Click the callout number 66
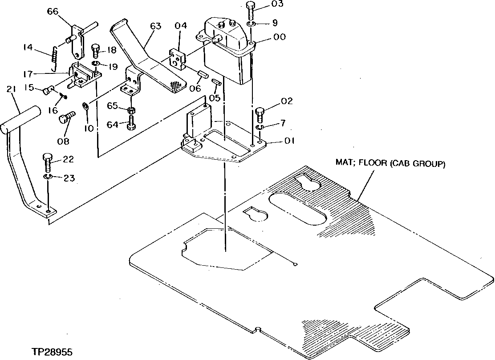(x=53, y=12)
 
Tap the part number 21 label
(x=11, y=90)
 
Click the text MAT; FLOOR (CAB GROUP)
(x=390, y=164)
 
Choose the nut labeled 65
(x=131, y=110)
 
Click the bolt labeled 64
(x=131, y=123)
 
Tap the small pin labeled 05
(x=217, y=82)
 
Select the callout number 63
(x=155, y=26)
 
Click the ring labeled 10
(x=85, y=106)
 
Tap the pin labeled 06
(x=203, y=73)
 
